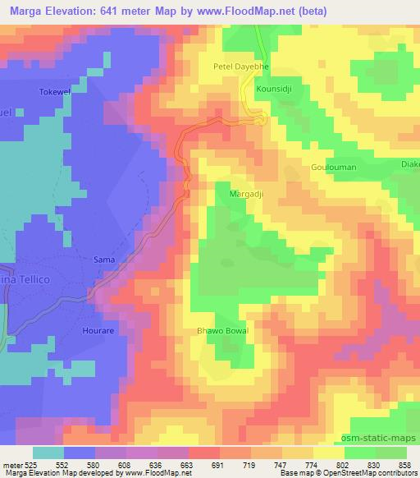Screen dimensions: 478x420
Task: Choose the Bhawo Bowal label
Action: [221, 331]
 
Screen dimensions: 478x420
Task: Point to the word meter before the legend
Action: [11, 465]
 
